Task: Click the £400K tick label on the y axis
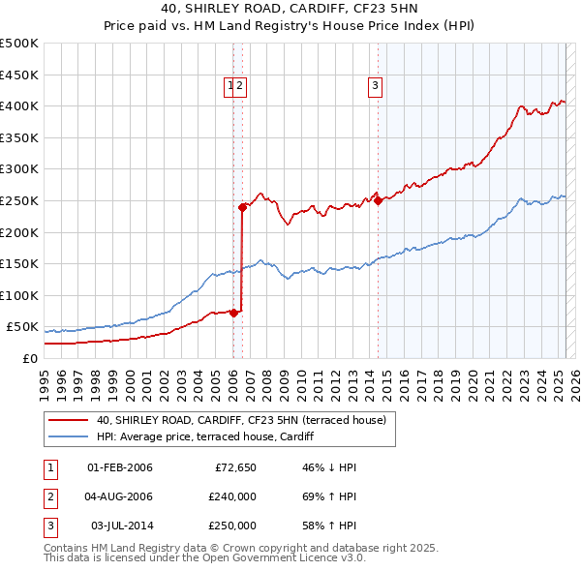pos(19,106)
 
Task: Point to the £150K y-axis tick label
pos(19,263)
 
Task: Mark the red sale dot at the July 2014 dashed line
pos(377,200)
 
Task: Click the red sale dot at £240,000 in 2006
pos(242,206)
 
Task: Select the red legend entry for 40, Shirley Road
pos(241,419)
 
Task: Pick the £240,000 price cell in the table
pos(232,496)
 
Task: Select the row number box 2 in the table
pos(48,496)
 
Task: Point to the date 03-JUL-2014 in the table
pos(120,526)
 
